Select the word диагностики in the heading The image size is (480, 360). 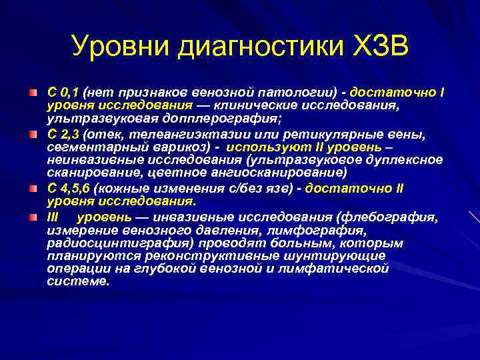coord(257,47)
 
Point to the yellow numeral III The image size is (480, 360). coord(53,218)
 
